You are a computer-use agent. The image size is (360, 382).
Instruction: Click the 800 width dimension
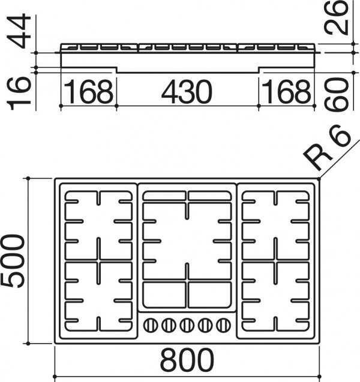click(187, 360)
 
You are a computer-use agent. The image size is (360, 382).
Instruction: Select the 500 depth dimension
click(13, 261)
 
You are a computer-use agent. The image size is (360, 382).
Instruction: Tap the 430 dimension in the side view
click(187, 92)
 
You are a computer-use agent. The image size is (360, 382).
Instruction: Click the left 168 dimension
click(88, 92)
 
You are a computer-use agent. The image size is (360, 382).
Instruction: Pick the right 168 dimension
click(286, 92)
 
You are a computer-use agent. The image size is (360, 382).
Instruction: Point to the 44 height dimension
click(19, 31)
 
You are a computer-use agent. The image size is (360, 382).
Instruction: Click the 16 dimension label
click(19, 94)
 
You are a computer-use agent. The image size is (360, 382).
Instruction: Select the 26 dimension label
click(335, 17)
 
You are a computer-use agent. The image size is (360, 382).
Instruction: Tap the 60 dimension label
click(335, 95)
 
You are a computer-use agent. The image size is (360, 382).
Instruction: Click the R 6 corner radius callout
click(328, 148)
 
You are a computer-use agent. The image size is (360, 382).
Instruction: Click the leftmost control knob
click(151, 325)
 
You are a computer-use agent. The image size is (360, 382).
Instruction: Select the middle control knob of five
click(187, 325)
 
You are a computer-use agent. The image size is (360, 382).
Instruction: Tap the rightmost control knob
click(223, 325)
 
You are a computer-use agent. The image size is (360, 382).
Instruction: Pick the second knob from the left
click(169, 325)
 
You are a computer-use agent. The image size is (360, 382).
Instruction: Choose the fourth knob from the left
click(205, 325)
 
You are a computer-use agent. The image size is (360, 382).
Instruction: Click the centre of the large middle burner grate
click(187, 241)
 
